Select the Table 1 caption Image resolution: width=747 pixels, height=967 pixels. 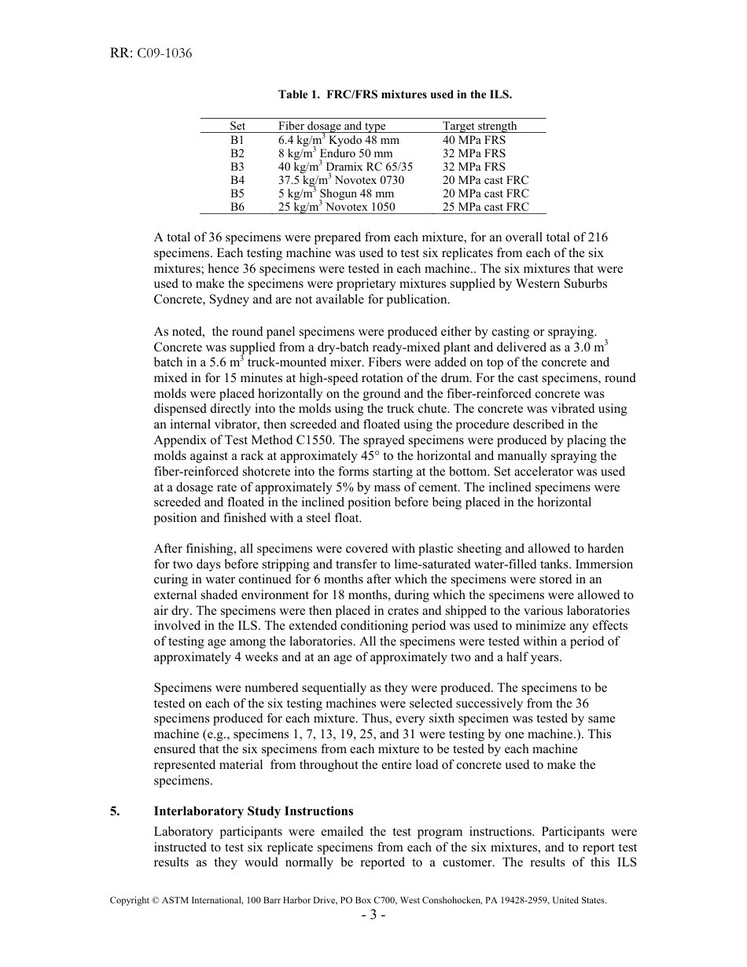[x=395, y=94]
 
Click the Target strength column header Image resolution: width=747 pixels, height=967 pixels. [x=480, y=126]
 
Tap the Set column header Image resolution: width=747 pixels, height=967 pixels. [x=237, y=126]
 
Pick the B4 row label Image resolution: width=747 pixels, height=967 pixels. [x=237, y=180]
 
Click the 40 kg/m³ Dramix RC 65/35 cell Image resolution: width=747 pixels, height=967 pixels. [x=345, y=167]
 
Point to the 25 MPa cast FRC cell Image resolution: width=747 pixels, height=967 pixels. [x=485, y=207]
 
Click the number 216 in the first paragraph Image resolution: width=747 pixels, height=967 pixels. [x=597, y=237]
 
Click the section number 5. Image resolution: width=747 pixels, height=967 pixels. [x=115, y=811]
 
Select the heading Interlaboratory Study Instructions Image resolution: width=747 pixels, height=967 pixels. [x=253, y=811]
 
